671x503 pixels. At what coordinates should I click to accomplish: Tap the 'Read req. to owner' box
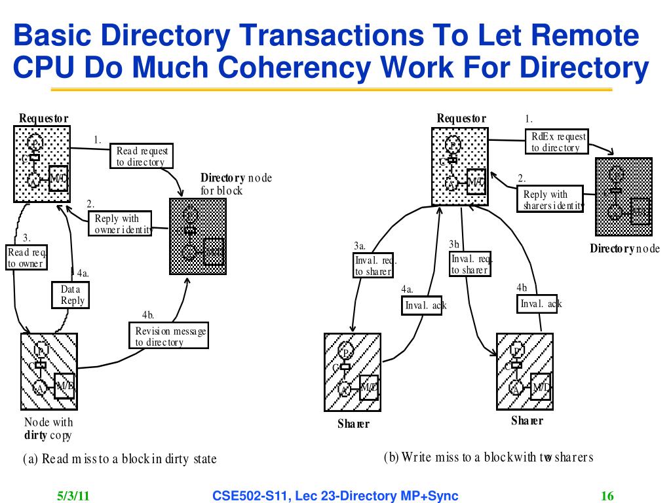point(26,257)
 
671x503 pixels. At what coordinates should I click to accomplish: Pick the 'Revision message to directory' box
point(170,336)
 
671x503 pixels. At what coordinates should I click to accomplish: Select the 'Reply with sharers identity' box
point(550,200)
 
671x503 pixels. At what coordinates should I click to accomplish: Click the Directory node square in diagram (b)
point(623,196)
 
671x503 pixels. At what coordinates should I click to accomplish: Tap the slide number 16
point(607,496)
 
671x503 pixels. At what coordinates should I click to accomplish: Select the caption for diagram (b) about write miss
point(488,457)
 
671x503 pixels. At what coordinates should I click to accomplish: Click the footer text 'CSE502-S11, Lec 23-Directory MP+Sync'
point(335,496)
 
